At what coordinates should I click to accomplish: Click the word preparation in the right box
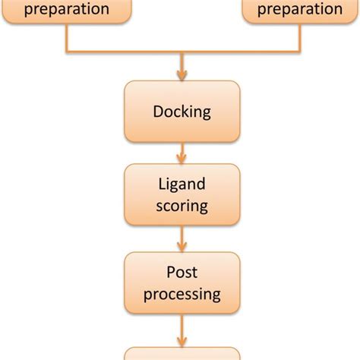click(300, 10)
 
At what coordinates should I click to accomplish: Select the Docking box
click(182, 112)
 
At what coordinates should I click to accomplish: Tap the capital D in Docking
click(157, 112)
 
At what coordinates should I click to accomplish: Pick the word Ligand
click(182, 185)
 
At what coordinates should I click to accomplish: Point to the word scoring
click(182, 205)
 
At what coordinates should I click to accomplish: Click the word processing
click(182, 293)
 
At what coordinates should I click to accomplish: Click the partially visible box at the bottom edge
click(182, 354)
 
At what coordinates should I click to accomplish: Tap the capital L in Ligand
click(162, 185)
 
